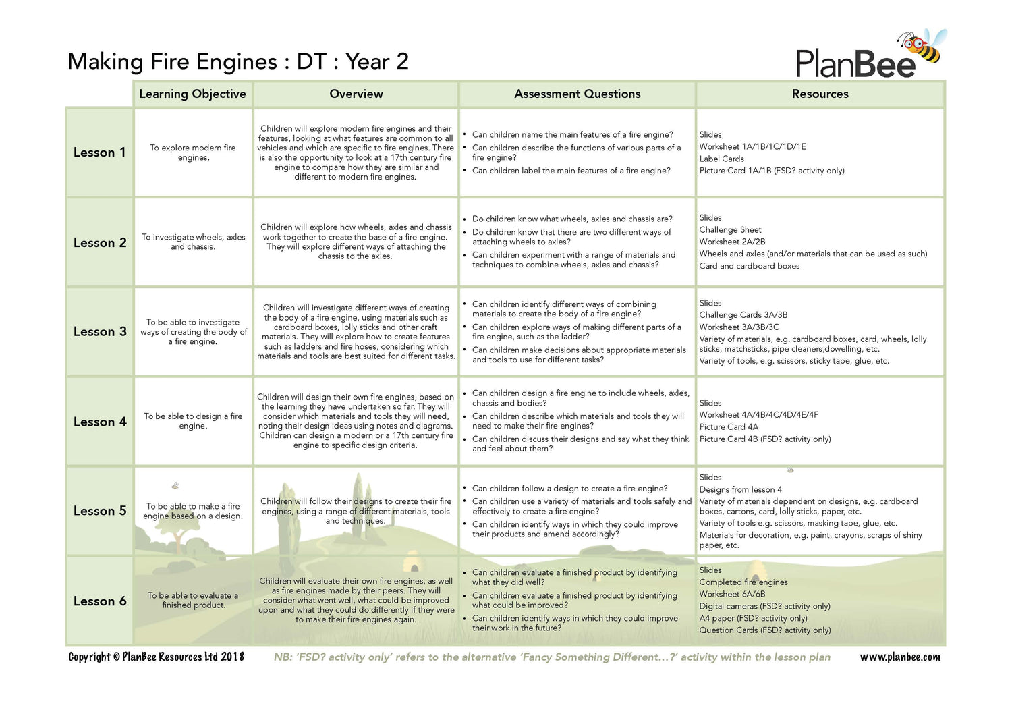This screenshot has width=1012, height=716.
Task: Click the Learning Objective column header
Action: pyautogui.click(x=192, y=94)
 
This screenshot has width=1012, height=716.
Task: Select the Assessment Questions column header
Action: pyautogui.click(x=577, y=94)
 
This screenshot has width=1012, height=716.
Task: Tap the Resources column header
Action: pyautogui.click(x=820, y=94)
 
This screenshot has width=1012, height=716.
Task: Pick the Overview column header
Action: pyautogui.click(x=356, y=94)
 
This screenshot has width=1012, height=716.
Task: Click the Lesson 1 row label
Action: pyautogui.click(x=99, y=153)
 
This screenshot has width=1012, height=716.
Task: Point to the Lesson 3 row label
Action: pyautogui.click(x=100, y=331)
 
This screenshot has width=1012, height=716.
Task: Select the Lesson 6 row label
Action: pyautogui.click(x=100, y=601)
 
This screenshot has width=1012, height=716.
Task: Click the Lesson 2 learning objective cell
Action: pyautogui.click(x=193, y=242)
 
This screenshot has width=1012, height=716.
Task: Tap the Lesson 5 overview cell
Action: pyautogui.click(x=356, y=511)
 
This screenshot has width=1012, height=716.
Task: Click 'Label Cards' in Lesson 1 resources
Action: pyautogui.click(x=721, y=159)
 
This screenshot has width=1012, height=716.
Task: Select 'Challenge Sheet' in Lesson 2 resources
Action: pyautogui.click(x=730, y=229)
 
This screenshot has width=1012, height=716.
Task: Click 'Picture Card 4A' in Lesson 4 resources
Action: pyautogui.click(x=729, y=426)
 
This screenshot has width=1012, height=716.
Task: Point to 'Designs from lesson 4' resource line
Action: pyautogui.click(x=740, y=489)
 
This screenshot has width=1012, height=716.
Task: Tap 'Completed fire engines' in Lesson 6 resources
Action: pyautogui.click(x=743, y=582)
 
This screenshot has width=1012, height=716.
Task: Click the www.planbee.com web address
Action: pyautogui.click(x=899, y=657)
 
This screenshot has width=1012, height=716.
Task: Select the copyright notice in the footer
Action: pyautogui.click(x=156, y=657)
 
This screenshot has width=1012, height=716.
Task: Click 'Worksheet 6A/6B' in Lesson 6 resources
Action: pyautogui.click(x=732, y=594)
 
